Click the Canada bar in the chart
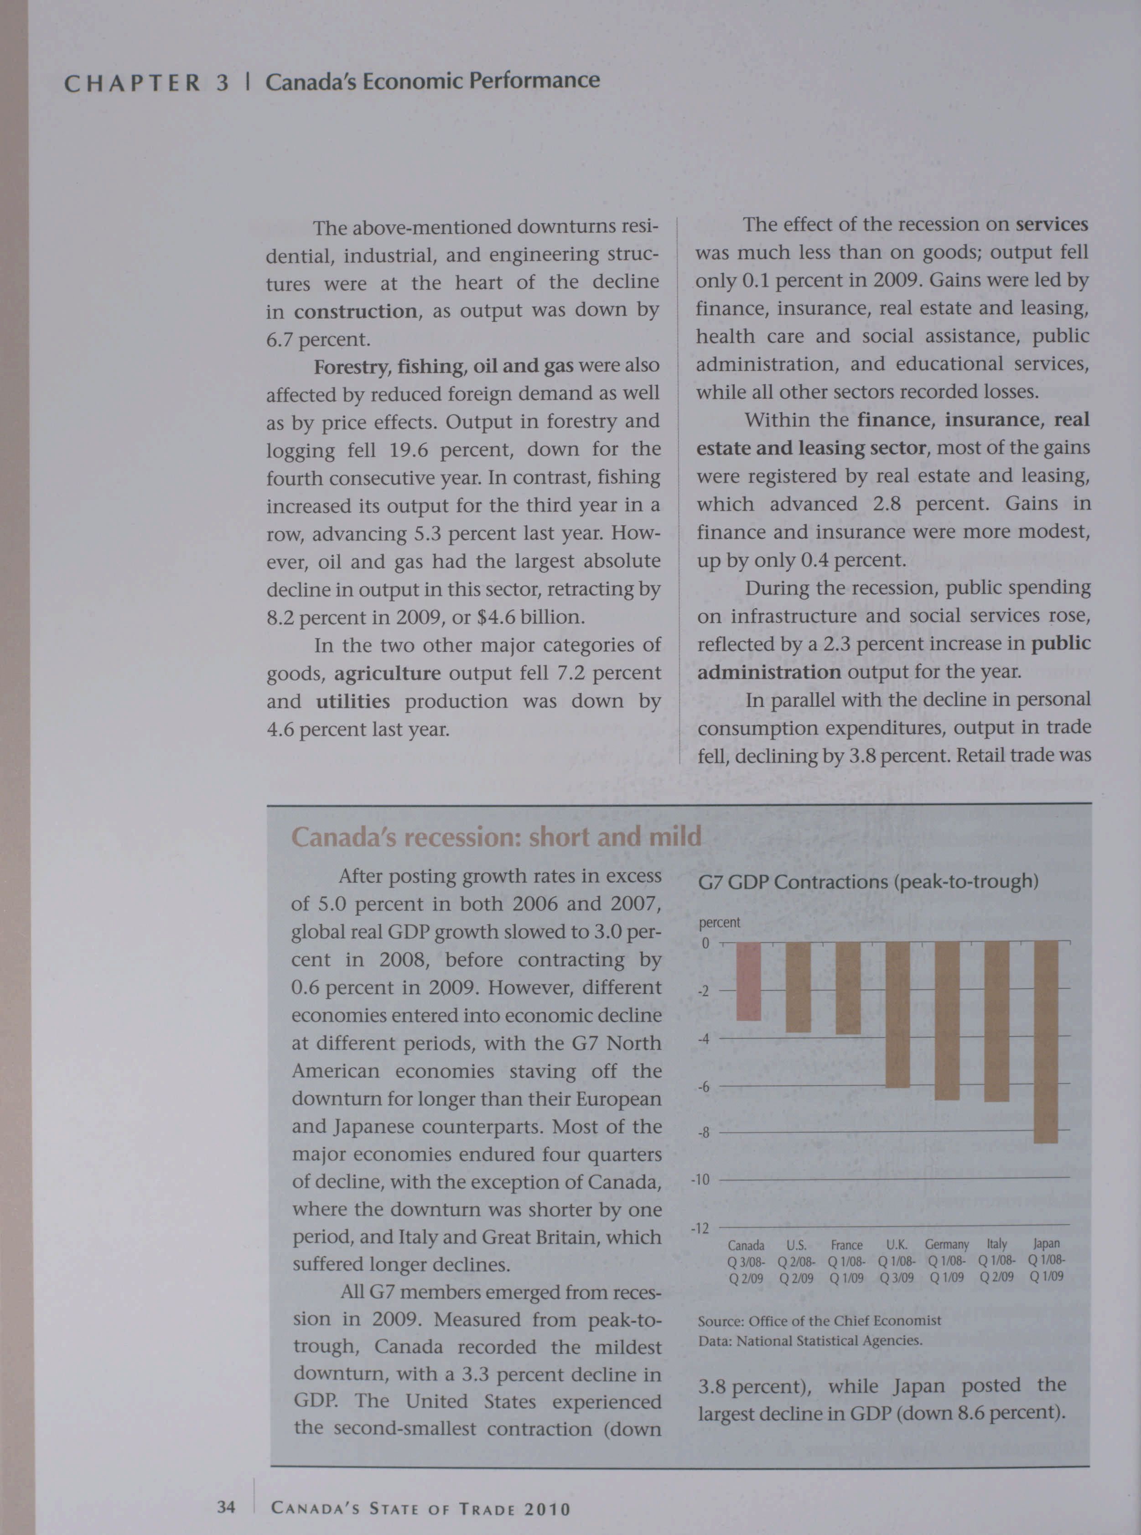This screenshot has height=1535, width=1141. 749,982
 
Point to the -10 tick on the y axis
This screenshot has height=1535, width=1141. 700,1180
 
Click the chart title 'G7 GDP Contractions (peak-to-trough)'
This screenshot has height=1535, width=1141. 868,882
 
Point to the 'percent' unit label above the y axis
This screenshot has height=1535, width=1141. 719,923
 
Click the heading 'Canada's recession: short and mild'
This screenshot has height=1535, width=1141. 496,837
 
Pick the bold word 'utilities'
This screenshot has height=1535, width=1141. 353,701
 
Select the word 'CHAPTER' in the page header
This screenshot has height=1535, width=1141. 132,84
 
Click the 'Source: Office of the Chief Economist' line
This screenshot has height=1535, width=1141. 819,1321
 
